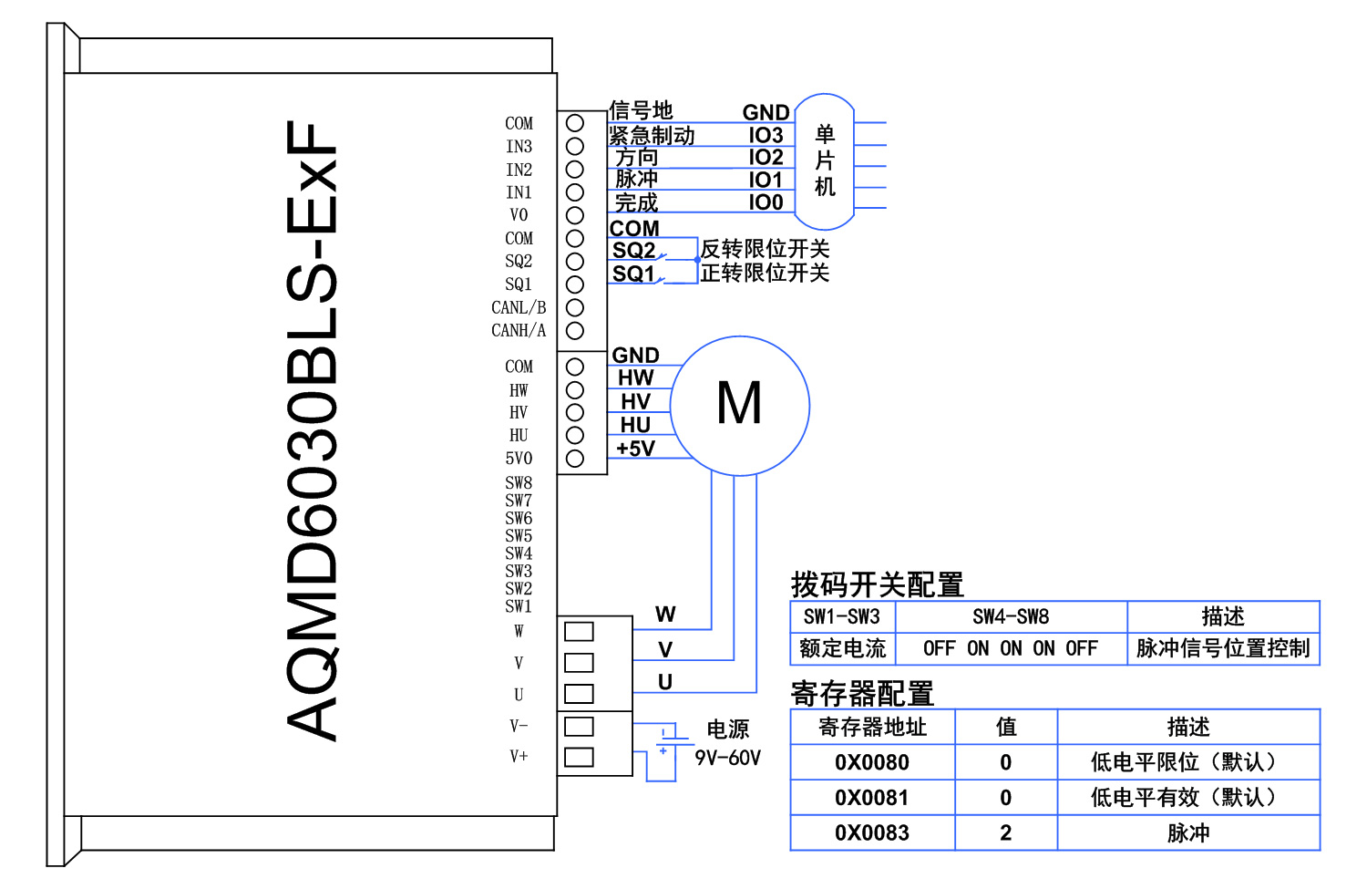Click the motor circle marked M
tap(739, 405)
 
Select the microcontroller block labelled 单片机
tap(825, 161)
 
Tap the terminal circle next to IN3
tap(574, 146)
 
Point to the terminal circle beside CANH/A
tap(574, 330)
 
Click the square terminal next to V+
tap(579, 757)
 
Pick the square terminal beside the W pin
tap(579, 631)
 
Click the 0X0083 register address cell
tap(871, 832)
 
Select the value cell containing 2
tap(1005, 832)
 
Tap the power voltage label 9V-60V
tap(727, 758)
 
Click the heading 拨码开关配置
tap(877, 584)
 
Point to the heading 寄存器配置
tap(862, 694)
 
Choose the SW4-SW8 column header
tap(1011, 616)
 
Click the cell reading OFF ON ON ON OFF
tap(1011, 648)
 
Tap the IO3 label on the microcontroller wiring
tap(766, 135)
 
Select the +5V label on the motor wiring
tap(635, 449)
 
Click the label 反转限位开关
tap(765, 249)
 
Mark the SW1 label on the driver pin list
tap(519, 606)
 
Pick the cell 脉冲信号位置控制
tap(1223, 648)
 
